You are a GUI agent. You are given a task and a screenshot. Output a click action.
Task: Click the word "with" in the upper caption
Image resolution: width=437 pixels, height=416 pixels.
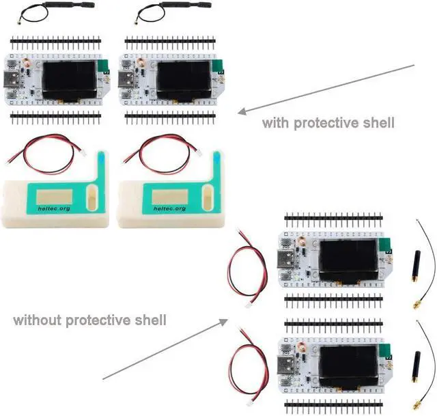(x=276, y=124)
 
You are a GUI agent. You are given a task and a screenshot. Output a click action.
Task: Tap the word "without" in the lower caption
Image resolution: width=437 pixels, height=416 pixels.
(x=36, y=320)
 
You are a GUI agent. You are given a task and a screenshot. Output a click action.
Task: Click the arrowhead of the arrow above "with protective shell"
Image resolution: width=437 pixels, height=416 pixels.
(x=241, y=113)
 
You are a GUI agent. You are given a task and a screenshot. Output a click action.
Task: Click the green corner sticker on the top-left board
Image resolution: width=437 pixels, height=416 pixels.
(x=104, y=65)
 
